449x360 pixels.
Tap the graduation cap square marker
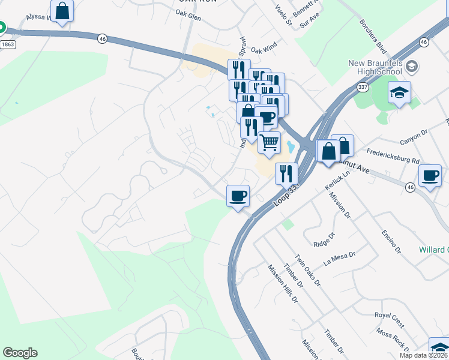pos(399,93)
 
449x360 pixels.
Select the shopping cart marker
pos(270,143)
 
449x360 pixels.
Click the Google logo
pos(20,353)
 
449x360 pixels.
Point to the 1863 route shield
pos(8,44)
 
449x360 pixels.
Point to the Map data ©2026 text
pos(424,355)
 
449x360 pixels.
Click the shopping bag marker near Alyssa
pos(62,11)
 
